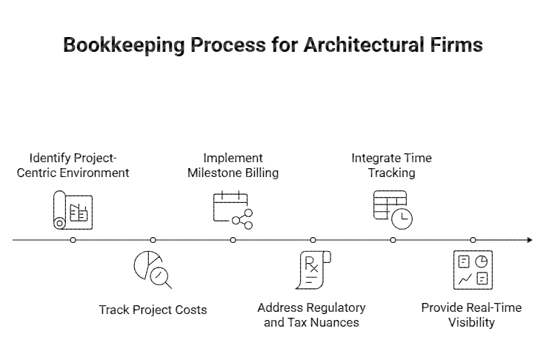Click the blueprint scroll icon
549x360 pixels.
coord(73,210)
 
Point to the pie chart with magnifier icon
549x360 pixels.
coord(153,270)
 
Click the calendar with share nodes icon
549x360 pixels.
coord(233,210)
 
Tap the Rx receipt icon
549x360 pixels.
coord(313,270)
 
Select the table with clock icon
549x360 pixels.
coord(393,210)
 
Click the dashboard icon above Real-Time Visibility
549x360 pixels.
coord(473,270)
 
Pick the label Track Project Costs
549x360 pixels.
coord(153,310)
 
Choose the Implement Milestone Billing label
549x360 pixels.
coord(233,165)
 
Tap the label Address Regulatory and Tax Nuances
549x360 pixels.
coord(311,315)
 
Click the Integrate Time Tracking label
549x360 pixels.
coord(391,165)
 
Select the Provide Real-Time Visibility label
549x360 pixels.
coord(471,315)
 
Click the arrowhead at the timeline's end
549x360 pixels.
coord(529,240)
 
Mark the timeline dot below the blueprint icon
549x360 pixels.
coord(73,240)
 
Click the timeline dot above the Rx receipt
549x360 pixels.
coord(313,240)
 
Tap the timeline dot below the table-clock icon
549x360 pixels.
coord(393,240)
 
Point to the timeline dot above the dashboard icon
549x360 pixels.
coord(473,240)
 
